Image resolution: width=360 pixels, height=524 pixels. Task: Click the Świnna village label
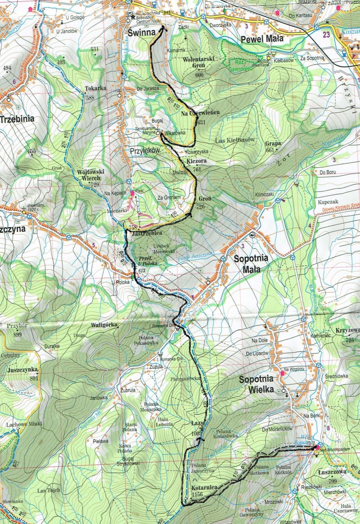pos(140,32)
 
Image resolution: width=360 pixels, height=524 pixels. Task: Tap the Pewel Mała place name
pos(262,39)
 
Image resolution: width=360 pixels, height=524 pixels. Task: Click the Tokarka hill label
pos(95,88)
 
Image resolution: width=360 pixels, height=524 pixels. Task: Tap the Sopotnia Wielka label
pos(256,385)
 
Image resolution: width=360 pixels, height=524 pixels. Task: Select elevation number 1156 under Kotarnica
pos(198,494)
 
